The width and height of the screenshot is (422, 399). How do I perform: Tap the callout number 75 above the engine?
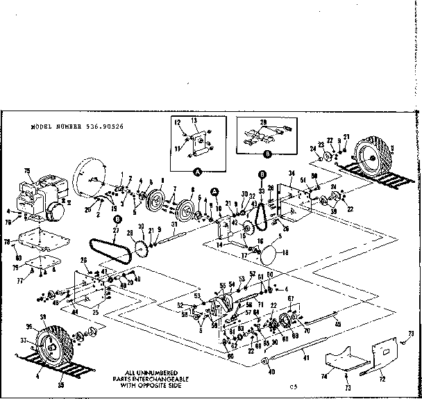tap(27, 171)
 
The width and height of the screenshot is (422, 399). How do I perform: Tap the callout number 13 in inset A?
tap(195, 120)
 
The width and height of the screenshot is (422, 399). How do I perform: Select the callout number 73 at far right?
tap(410, 334)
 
